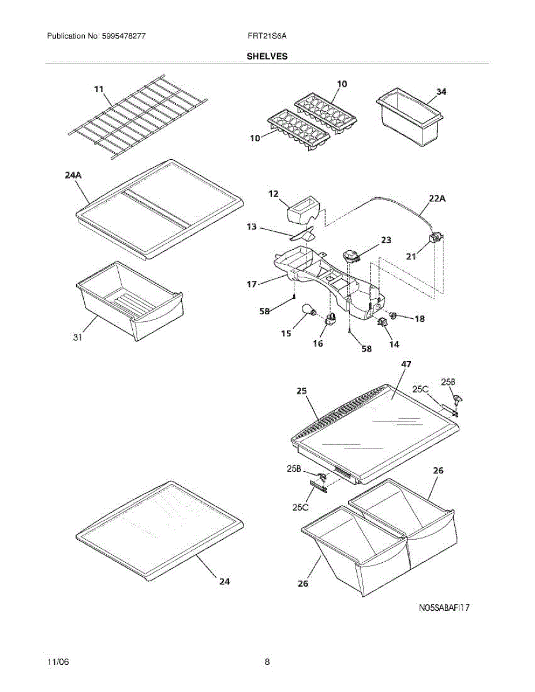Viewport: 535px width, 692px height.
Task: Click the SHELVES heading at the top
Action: [x=267, y=57]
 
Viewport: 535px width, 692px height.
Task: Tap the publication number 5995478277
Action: [x=124, y=36]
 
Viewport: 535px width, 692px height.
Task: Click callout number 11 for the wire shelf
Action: [x=99, y=89]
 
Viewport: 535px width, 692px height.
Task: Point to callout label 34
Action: [x=441, y=92]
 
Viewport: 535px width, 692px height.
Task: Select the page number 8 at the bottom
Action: [x=267, y=662]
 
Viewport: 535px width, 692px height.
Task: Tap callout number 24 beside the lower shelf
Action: [x=224, y=582]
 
